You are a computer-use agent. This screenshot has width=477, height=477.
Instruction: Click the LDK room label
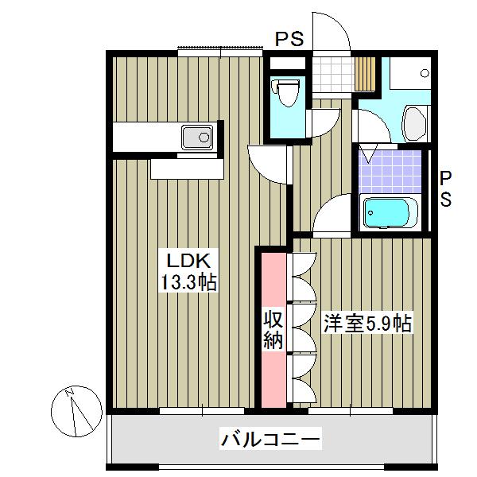[188, 260]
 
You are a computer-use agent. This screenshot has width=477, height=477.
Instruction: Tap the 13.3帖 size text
[188, 281]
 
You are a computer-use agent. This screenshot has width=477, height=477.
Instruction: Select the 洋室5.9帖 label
[366, 324]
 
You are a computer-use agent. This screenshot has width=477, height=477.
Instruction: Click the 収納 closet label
[273, 331]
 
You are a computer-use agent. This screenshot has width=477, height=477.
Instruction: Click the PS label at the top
[289, 39]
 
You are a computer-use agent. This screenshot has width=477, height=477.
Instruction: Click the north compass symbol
[77, 409]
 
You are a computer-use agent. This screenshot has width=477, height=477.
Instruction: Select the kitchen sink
[195, 139]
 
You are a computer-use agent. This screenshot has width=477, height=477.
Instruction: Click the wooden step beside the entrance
[365, 74]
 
